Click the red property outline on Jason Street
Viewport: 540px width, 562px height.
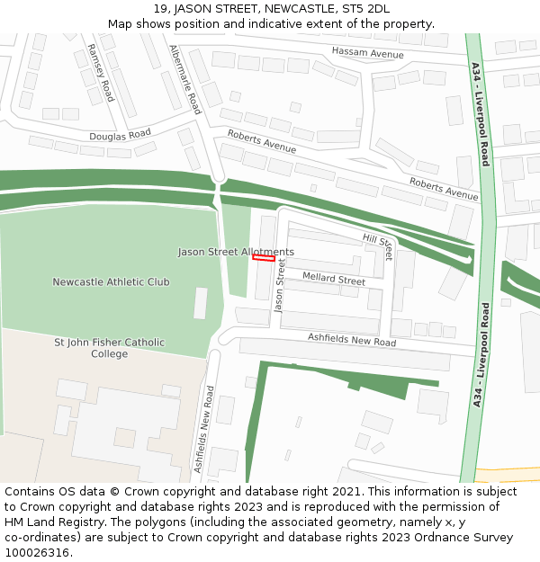tap(264, 258)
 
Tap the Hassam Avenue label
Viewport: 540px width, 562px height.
tap(368, 54)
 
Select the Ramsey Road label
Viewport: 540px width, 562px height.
tap(100, 72)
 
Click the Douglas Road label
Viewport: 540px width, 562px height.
tap(120, 135)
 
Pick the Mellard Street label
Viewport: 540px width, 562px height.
tap(334, 279)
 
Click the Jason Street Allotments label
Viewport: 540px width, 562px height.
tap(236, 252)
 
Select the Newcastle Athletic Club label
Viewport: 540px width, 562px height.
tap(111, 281)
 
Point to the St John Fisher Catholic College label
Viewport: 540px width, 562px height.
tap(109, 348)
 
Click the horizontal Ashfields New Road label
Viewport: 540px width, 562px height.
tap(352, 341)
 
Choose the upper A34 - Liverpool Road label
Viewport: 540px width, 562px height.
tap(480, 114)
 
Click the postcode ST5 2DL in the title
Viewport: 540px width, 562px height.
tap(365, 9)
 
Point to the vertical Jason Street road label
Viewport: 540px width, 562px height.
tap(280, 285)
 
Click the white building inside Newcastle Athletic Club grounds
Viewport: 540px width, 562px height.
tap(200, 303)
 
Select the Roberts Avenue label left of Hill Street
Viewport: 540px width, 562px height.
tap(261, 141)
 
